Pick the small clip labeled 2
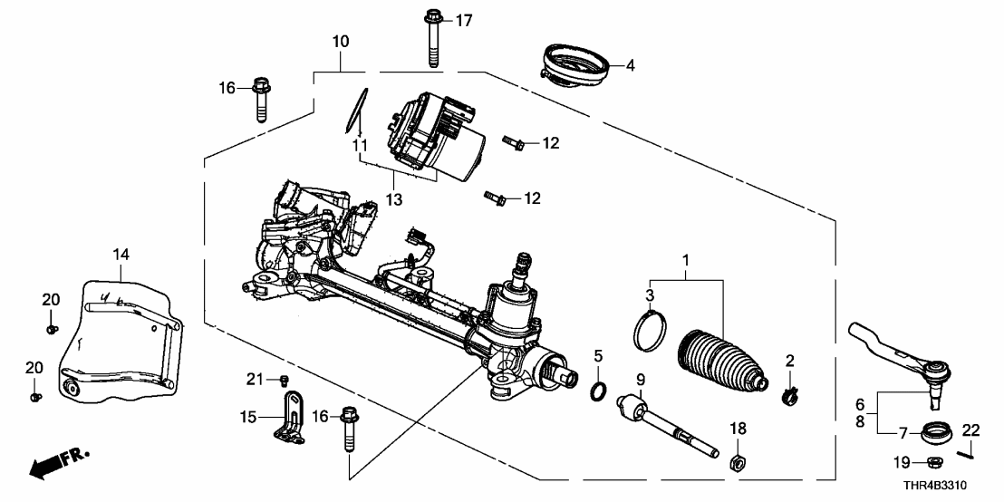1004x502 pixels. pyautogui.click(x=789, y=393)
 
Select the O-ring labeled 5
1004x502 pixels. pyautogui.click(x=599, y=391)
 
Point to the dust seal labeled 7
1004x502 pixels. pyautogui.click(x=932, y=431)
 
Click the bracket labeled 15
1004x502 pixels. pyautogui.click(x=290, y=417)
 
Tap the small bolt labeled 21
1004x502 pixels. pyautogui.click(x=285, y=380)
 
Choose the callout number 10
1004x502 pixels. pyautogui.click(x=341, y=41)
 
